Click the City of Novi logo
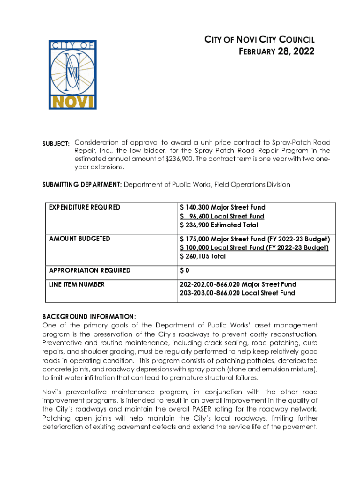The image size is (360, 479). [72, 75]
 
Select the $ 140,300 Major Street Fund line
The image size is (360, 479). [222, 207]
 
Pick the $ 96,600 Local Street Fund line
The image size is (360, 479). [222, 216]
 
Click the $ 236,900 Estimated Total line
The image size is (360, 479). [219, 225]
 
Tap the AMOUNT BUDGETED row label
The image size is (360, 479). [79, 239]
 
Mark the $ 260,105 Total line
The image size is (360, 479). [203, 256]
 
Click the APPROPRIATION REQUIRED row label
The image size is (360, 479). [90, 270]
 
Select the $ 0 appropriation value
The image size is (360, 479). [185, 270]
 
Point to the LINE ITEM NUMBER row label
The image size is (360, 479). [77, 284]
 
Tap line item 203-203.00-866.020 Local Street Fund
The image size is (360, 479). [237, 293]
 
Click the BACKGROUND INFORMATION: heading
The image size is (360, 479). [89, 316]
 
